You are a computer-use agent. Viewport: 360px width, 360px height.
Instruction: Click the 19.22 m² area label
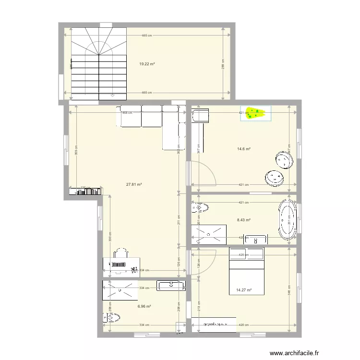tap(146, 64)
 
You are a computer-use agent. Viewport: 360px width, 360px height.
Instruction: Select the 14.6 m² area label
tap(244, 149)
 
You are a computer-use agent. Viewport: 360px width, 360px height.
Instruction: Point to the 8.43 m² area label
tap(244, 220)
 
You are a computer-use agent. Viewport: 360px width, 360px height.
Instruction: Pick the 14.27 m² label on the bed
tap(244, 290)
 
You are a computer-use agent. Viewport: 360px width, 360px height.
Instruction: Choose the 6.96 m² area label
tap(144, 306)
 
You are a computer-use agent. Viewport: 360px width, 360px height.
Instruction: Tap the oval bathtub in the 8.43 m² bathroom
tap(287, 218)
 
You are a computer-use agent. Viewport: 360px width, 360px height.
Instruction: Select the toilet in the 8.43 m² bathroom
tap(200, 208)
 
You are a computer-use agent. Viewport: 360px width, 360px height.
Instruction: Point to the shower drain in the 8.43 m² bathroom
tap(209, 234)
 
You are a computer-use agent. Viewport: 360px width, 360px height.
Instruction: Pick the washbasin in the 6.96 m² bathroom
tap(171, 286)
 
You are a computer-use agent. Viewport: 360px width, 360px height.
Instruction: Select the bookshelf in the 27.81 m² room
tap(85, 191)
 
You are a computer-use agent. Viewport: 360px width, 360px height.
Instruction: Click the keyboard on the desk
tap(118, 264)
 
